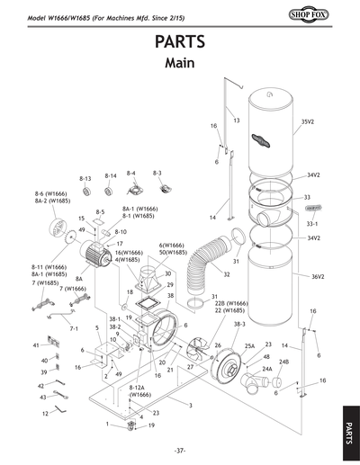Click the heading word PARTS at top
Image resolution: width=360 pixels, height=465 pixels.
(x=180, y=41)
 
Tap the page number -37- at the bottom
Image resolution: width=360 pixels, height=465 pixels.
(x=180, y=450)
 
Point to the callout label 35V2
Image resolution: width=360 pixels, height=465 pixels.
(x=309, y=121)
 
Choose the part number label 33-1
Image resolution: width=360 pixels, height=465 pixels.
(x=312, y=221)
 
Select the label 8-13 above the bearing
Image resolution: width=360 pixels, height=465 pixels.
(x=86, y=179)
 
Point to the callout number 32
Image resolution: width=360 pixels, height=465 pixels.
(x=227, y=274)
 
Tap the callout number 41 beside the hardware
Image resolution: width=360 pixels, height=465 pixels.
(x=36, y=344)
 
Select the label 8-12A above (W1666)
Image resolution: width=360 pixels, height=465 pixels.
(x=139, y=387)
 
